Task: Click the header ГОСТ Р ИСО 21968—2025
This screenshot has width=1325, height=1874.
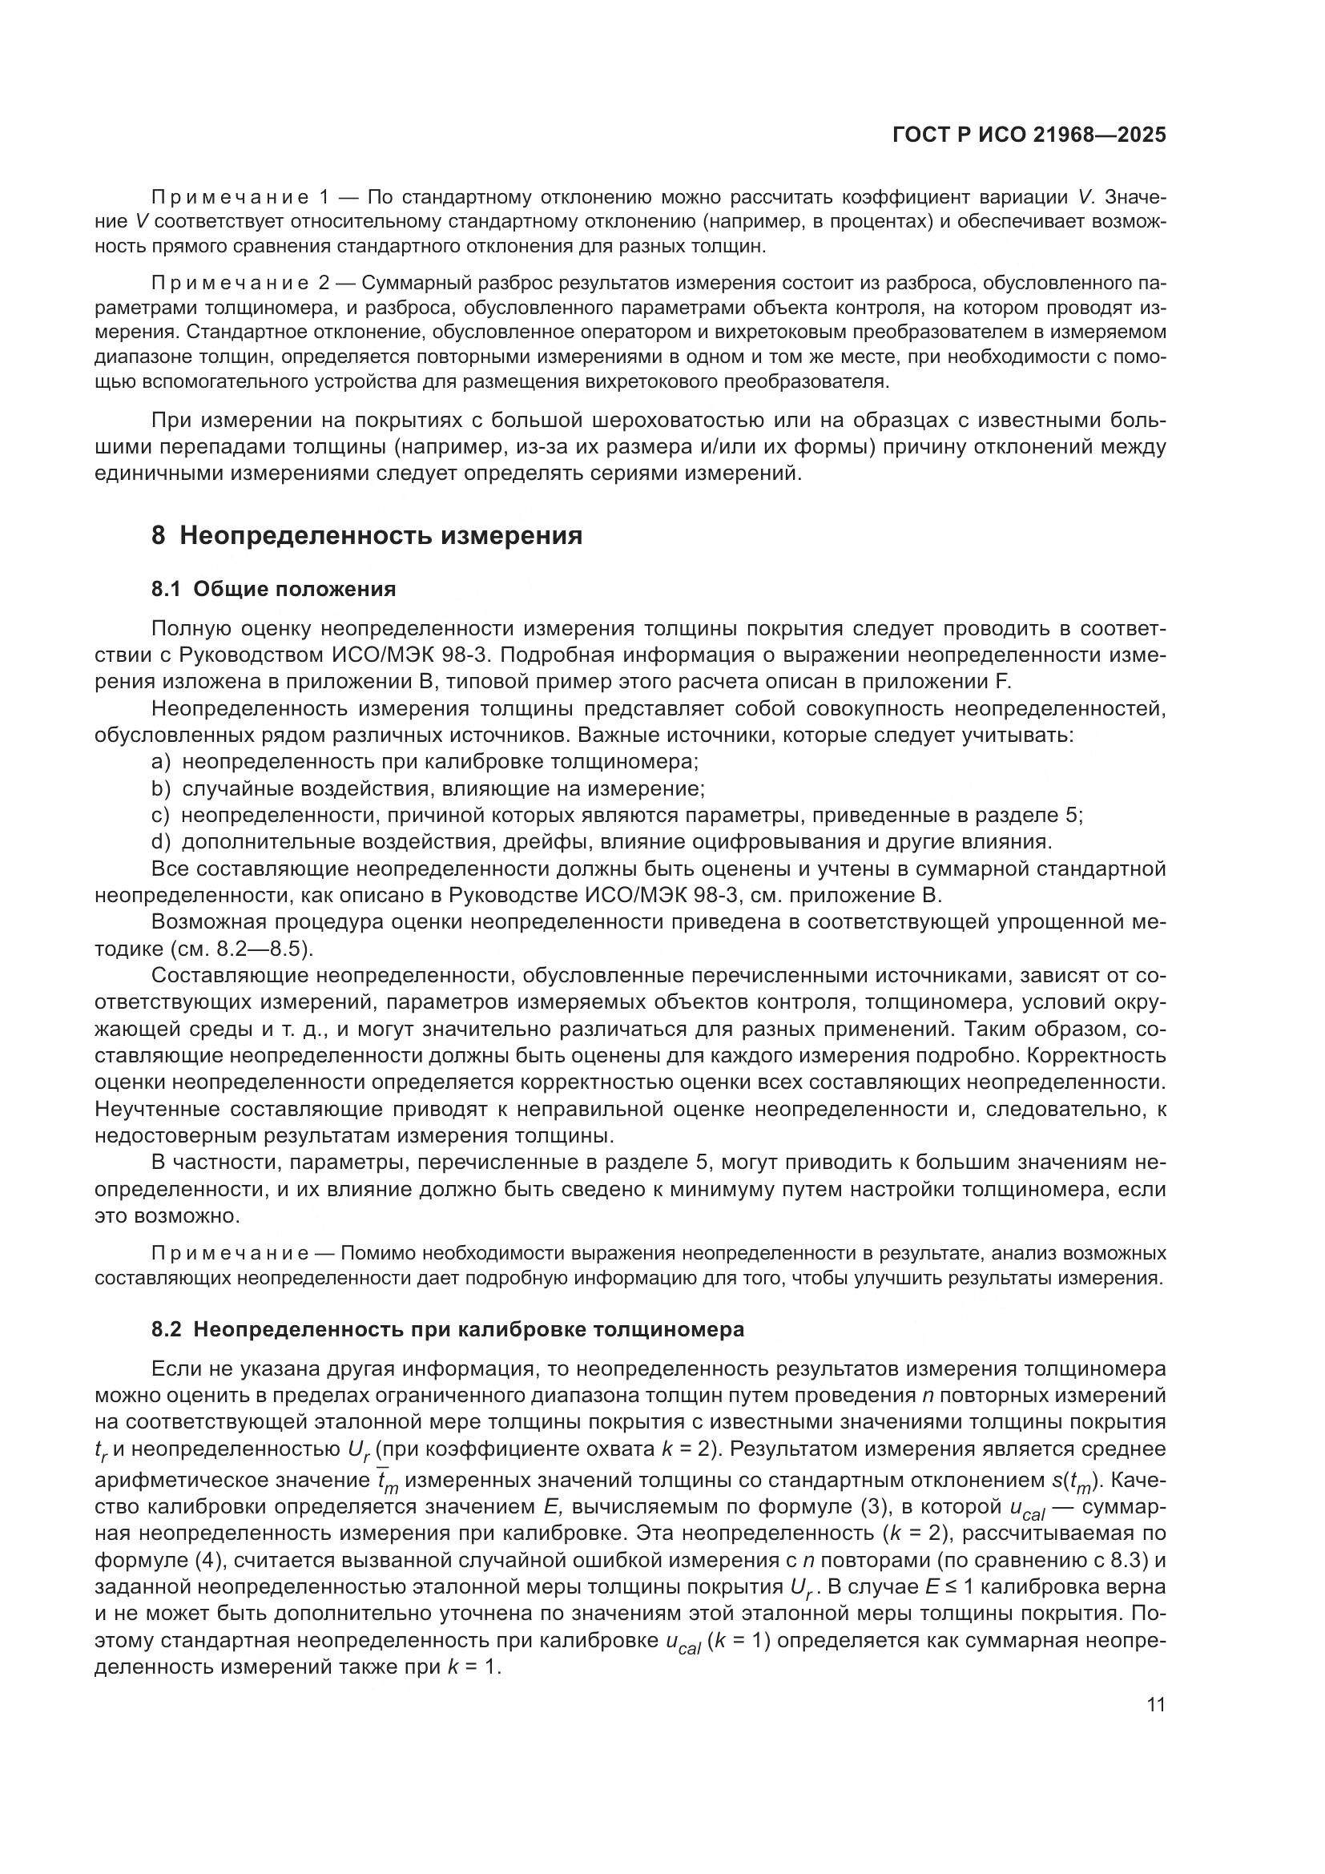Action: point(1029,135)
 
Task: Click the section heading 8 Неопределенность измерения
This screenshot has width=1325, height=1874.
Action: point(366,535)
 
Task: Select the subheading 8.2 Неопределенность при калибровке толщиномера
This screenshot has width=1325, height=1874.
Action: point(447,1330)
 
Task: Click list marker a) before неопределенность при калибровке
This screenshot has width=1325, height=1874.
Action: point(161,761)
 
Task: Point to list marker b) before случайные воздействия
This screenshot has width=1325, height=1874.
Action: point(161,788)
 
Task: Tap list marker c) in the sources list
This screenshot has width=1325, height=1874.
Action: point(160,816)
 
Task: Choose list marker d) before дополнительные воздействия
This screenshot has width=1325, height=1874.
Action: point(161,841)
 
